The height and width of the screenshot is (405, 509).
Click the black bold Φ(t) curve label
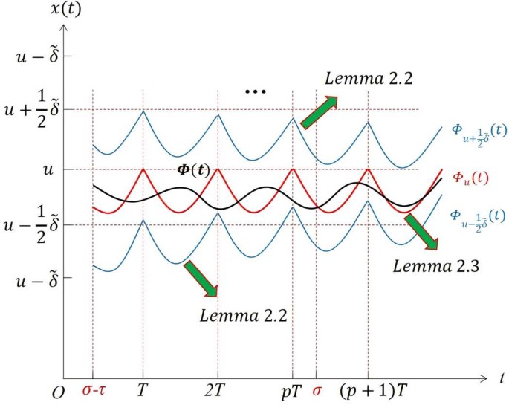point(194,169)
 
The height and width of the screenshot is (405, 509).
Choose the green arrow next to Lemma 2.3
point(421,231)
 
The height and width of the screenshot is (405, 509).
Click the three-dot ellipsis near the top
point(255,92)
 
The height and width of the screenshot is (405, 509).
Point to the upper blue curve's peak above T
point(143,111)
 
